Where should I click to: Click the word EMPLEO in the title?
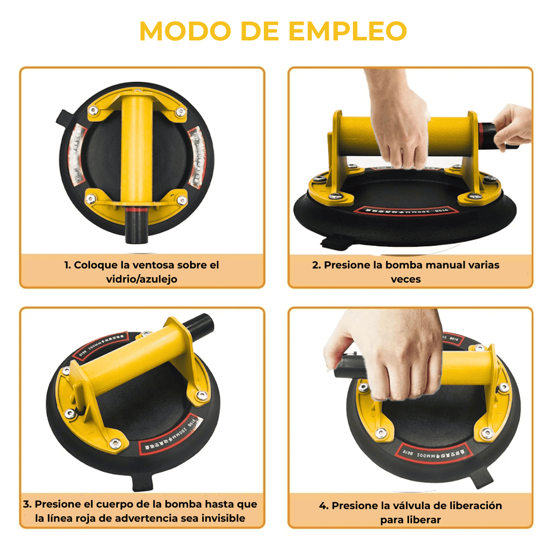[x=348, y=32]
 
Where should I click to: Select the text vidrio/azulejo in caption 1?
[x=142, y=279]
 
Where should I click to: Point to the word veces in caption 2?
[x=405, y=279]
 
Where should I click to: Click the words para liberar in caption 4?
[x=411, y=520]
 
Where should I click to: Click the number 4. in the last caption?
[x=324, y=506]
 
